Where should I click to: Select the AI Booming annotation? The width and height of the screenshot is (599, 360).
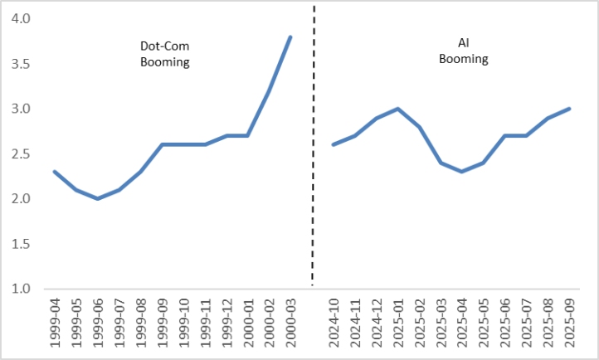tap(464, 51)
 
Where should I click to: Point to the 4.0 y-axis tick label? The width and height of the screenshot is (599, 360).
tap(20, 18)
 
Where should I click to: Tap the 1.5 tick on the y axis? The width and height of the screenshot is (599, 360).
tap(20, 244)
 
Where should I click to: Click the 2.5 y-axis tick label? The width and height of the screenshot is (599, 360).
tap(20, 153)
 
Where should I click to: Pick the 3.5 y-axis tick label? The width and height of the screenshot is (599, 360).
tap(20, 64)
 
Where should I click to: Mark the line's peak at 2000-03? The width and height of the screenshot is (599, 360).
tap(290, 36)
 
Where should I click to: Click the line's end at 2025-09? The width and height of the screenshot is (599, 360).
tap(568, 109)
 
